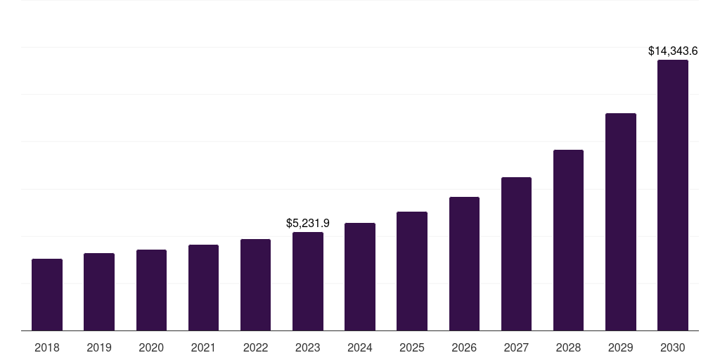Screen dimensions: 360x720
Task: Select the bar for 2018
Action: click(x=47, y=295)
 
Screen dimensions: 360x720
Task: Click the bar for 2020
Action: click(x=151, y=290)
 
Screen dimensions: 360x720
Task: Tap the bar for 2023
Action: click(x=308, y=281)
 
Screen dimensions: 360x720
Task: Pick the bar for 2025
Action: click(x=412, y=271)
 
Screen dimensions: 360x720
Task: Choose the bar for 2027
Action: click(x=516, y=254)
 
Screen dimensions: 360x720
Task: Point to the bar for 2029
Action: click(x=621, y=221)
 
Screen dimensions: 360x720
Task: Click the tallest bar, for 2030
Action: click(x=673, y=195)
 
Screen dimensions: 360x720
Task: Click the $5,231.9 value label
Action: click(x=308, y=223)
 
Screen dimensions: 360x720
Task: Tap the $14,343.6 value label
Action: click(x=673, y=51)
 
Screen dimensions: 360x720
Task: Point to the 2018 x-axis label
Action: click(x=47, y=347)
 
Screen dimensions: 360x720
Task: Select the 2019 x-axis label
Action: click(x=99, y=347)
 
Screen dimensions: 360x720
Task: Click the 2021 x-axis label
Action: click(x=203, y=347)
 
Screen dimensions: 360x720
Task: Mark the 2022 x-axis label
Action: click(x=255, y=347)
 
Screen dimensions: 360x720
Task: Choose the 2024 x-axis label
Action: click(x=360, y=347)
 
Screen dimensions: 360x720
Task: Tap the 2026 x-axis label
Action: click(x=464, y=347)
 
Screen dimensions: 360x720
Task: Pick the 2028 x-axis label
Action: click(x=568, y=347)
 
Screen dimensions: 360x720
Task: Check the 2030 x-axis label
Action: click(x=673, y=347)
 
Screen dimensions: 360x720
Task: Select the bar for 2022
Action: click(x=255, y=285)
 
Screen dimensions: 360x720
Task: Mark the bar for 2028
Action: click(x=568, y=240)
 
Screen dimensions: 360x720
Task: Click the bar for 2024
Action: click(x=360, y=276)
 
